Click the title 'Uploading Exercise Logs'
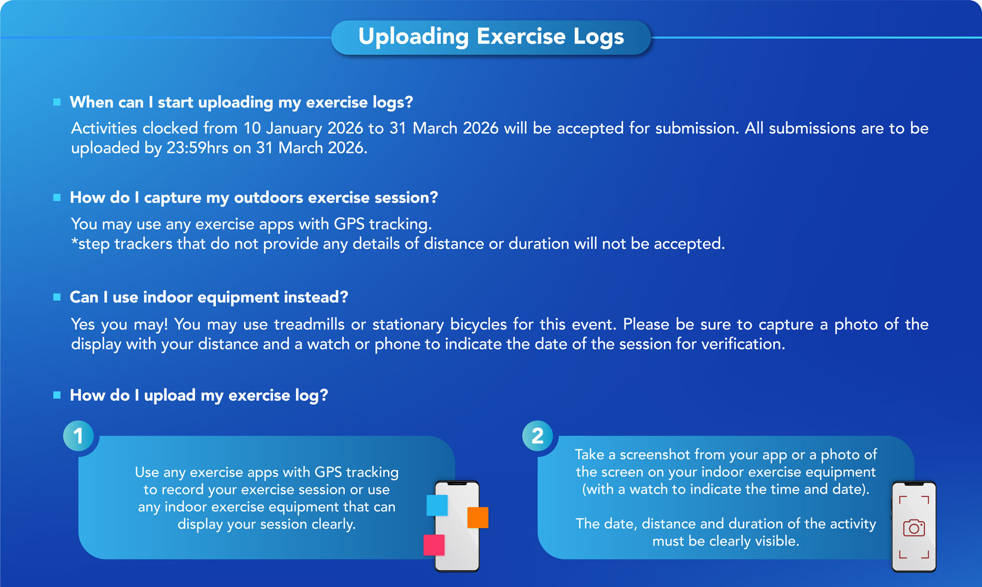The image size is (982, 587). (x=491, y=37)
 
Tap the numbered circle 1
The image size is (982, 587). (x=78, y=436)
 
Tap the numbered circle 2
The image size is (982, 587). (x=538, y=436)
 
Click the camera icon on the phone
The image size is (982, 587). (x=914, y=528)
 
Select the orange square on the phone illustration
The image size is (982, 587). (x=478, y=517)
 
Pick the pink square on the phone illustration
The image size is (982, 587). (x=434, y=545)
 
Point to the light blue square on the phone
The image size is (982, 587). (x=437, y=505)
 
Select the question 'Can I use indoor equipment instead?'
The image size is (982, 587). (x=209, y=297)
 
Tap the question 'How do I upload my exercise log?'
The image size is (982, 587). (x=199, y=395)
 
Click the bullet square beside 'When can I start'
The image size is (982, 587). (x=57, y=102)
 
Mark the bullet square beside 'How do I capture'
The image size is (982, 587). (x=57, y=198)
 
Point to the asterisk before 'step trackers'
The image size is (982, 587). (x=74, y=241)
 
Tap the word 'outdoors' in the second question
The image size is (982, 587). (x=269, y=198)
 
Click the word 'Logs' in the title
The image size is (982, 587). (x=598, y=37)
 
